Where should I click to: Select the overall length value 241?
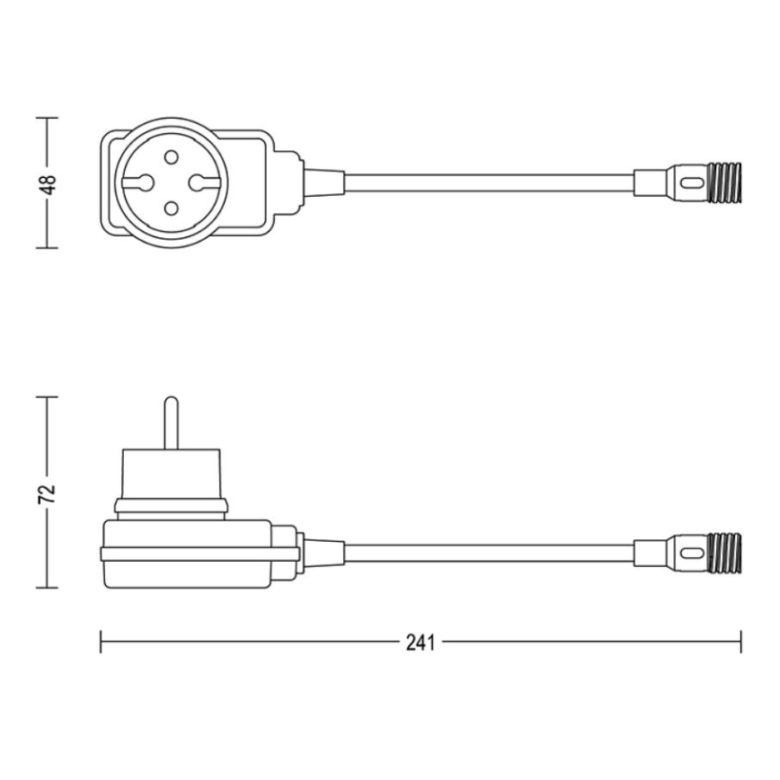point(420,643)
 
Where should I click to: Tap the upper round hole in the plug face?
point(169,156)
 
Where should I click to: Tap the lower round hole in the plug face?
point(169,210)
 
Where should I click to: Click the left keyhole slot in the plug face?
point(141,183)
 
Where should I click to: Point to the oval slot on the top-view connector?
point(689,182)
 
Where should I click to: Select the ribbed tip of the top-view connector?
point(725,182)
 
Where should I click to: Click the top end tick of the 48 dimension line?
point(47,117)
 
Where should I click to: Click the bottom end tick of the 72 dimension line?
point(47,589)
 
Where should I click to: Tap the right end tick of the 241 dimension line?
point(741,643)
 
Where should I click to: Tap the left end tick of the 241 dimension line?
point(101,643)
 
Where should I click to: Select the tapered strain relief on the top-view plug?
point(324,182)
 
